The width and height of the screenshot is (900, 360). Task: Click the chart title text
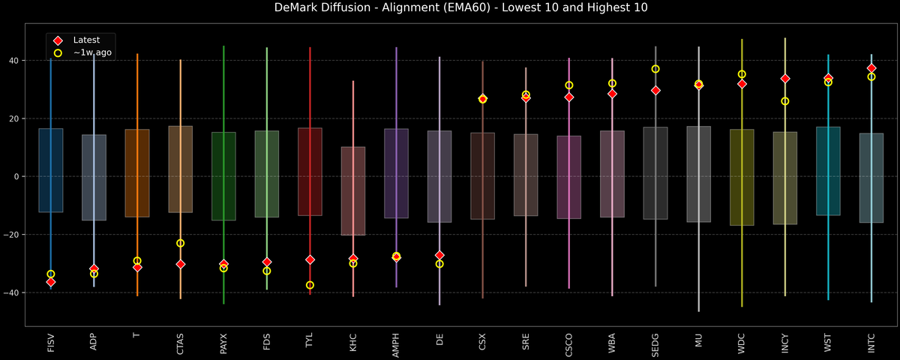450,8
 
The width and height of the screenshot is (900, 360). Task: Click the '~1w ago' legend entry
91,53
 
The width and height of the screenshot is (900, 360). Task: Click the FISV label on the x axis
51,343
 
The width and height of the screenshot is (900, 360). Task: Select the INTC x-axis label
871,343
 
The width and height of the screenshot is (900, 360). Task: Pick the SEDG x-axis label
655,343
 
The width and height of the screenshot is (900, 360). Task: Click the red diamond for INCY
785,79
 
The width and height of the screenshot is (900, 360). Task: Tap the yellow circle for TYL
310,285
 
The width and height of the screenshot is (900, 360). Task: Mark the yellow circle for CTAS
180,243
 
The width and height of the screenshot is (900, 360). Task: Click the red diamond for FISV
51,282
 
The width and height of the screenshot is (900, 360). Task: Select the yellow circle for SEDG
655,69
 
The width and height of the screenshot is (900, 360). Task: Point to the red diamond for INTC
871,68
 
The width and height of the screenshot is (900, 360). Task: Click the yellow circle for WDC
742,74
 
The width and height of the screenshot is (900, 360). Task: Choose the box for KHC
353,190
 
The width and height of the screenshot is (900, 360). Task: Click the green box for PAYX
223,176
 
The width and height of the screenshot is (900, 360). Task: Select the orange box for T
137,173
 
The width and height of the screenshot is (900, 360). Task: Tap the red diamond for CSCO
569,97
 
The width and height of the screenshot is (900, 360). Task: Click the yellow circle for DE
439,264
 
